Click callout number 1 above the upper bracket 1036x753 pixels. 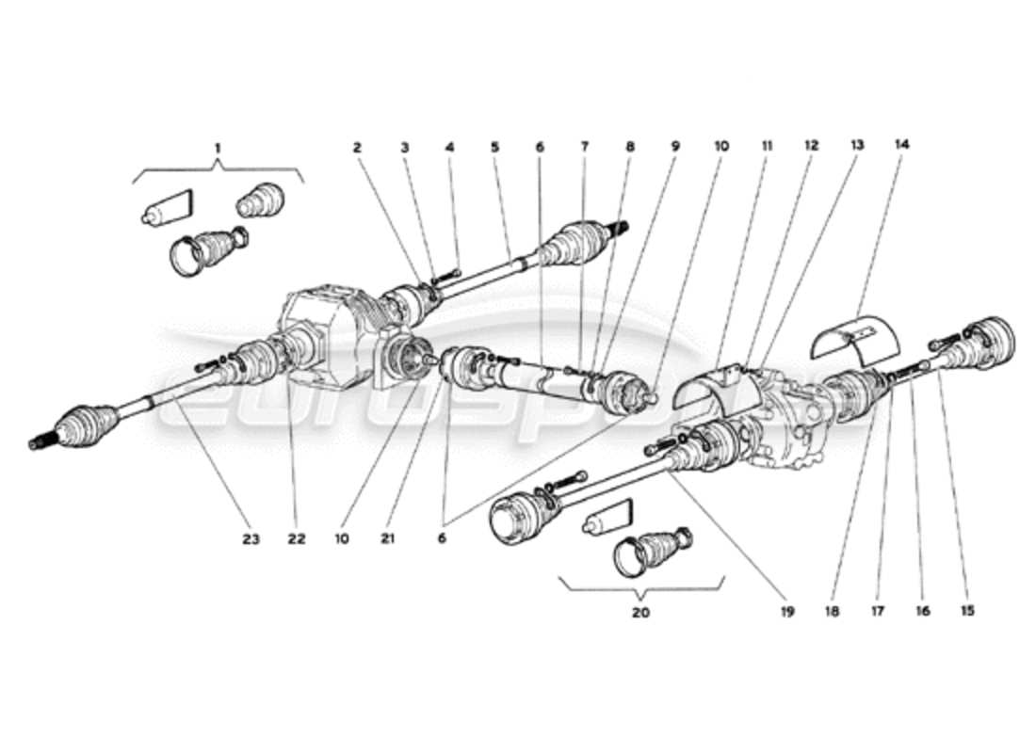pyautogui.click(x=218, y=148)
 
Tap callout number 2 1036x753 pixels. pyautogui.click(x=358, y=147)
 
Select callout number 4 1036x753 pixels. pyautogui.click(x=449, y=147)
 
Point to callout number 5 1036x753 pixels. pyautogui.click(x=494, y=147)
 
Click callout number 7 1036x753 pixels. pyautogui.click(x=584, y=147)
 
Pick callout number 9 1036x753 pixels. pyautogui.click(x=674, y=147)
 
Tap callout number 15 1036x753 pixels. pyautogui.click(x=967, y=611)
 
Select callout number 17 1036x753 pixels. pyautogui.click(x=878, y=611)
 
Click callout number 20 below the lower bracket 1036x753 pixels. pyautogui.click(x=640, y=613)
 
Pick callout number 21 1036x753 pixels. pyautogui.click(x=388, y=538)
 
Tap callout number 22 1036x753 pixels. pyautogui.click(x=298, y=538)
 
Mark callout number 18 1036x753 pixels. pyautogui.click(x=833, y=611)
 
